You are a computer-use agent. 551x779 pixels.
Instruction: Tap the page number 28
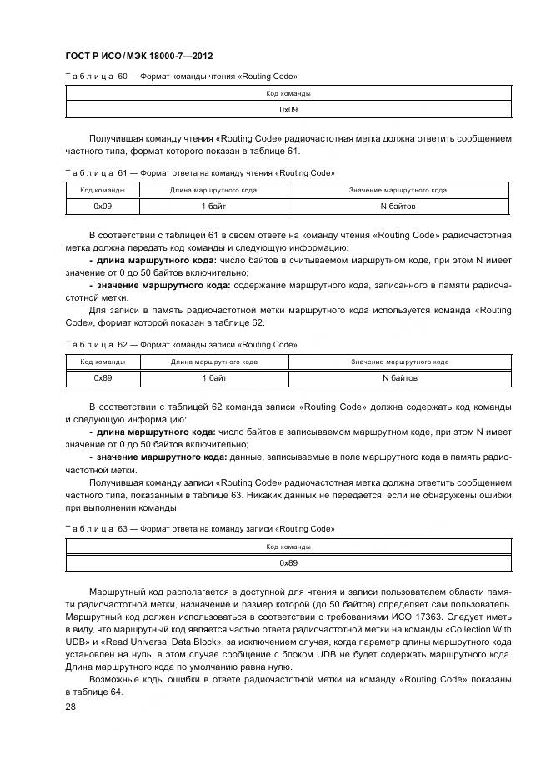click(70, 706)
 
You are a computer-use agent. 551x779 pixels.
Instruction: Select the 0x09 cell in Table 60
click(288, 109)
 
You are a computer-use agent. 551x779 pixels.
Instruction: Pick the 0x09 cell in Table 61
click(103, 206)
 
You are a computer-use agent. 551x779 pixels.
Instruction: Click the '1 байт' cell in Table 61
click(213, 206)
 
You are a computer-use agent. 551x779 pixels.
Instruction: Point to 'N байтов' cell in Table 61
click(398, 206)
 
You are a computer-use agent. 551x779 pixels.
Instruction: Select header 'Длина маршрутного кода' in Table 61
click(213, 191)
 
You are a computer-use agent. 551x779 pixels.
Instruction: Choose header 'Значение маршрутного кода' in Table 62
click(399, 362)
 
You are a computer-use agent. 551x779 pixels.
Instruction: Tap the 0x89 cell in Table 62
click(103, 377)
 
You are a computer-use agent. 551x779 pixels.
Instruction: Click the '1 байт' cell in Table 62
click(214, 377)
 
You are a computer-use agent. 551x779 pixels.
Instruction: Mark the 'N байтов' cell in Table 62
click(399, 377)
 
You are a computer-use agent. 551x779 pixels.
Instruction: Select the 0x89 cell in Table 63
click(288, 562)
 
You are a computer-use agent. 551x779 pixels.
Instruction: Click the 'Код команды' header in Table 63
click(288, 547)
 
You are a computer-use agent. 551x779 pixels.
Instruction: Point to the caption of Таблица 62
click(181, 344)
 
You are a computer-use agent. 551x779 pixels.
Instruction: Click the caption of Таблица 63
click(199, 529)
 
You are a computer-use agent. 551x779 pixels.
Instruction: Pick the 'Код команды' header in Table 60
click(288, 94)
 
